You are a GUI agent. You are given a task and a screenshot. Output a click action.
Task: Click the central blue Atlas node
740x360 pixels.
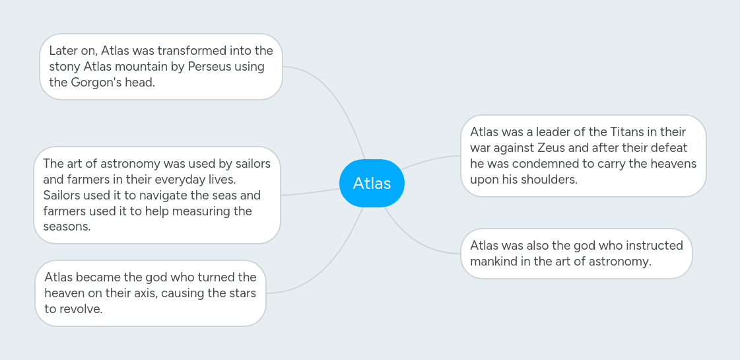(x=372, y=183)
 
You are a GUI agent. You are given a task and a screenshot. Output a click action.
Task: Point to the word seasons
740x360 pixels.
(x=66, y=227)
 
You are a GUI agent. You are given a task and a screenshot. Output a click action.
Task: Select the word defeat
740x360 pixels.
(x=668, y=148)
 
